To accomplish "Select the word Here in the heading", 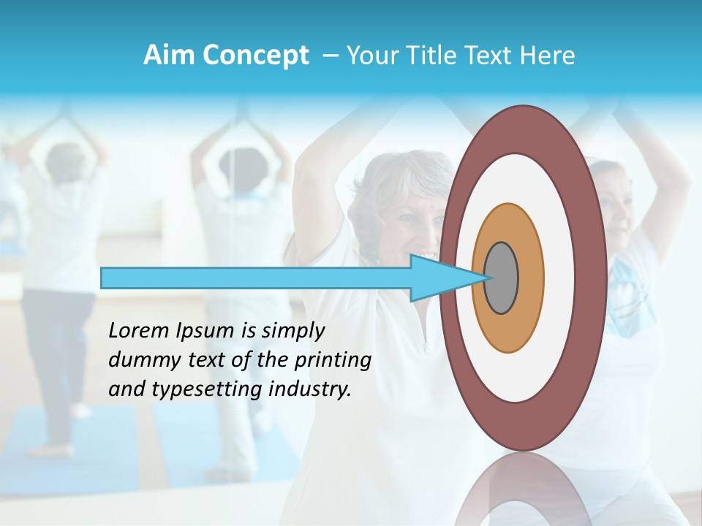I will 548,56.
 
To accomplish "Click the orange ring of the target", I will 530,278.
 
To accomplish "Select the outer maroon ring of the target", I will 592,278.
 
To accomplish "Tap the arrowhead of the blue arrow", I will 439,278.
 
